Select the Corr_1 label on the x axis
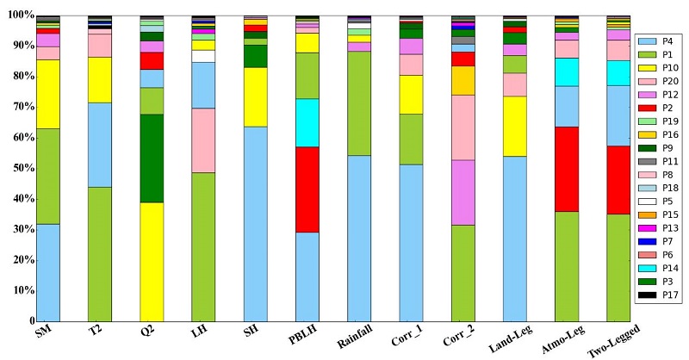coord(404,338)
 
